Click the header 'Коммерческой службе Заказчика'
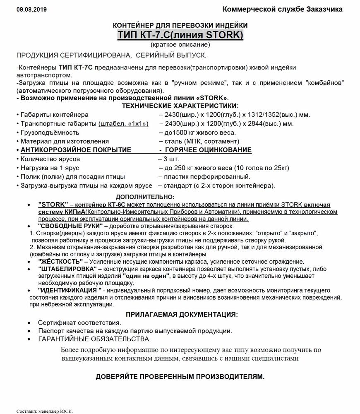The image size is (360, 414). [x=282, y=9]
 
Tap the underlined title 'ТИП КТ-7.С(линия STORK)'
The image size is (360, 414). [x=180, y=35]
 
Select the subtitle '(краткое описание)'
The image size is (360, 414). [x=180, y=44]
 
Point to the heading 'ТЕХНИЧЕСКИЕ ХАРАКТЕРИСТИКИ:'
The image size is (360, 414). [x=180, y=106]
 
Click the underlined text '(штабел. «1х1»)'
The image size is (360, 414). [x=123, y=124]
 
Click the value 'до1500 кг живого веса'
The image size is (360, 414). [x=197, y=132]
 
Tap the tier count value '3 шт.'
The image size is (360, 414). [x=171, y=159]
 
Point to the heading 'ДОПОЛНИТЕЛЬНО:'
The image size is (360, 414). [x=145, y=197]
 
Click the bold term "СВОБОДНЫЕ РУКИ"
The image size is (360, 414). [x=70, y=226]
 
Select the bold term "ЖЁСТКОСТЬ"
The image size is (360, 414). [x=60, y=262]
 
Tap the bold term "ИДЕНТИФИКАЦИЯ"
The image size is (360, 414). [x=70, y=290]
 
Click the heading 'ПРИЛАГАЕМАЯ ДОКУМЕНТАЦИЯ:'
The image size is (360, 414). [x=182, y=314]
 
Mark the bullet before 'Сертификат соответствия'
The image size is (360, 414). [x=29, y=323]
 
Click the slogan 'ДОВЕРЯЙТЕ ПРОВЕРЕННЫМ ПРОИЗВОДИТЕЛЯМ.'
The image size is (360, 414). [x=180, y=377]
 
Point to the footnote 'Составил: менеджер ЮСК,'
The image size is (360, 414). [x=45, y=411]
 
